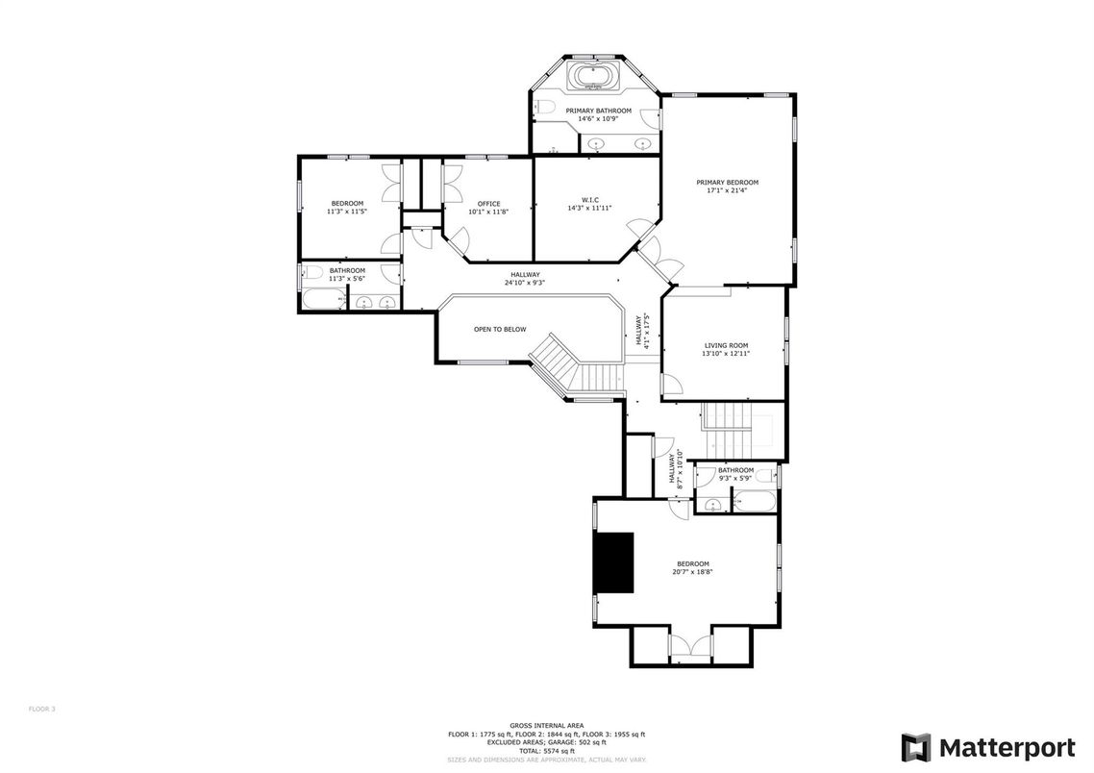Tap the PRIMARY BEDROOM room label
(727, 183)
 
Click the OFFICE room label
(488, 204)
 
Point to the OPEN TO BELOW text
(500, 330)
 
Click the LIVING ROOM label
(726, 345)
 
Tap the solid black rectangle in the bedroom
(613, 562)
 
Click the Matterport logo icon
(915, 747)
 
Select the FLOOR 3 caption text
(42, 709)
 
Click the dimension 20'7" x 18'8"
(692, 572)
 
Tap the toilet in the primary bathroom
(542, 107)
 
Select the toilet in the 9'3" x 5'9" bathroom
(765, 476)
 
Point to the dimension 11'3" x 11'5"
(347, 212)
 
